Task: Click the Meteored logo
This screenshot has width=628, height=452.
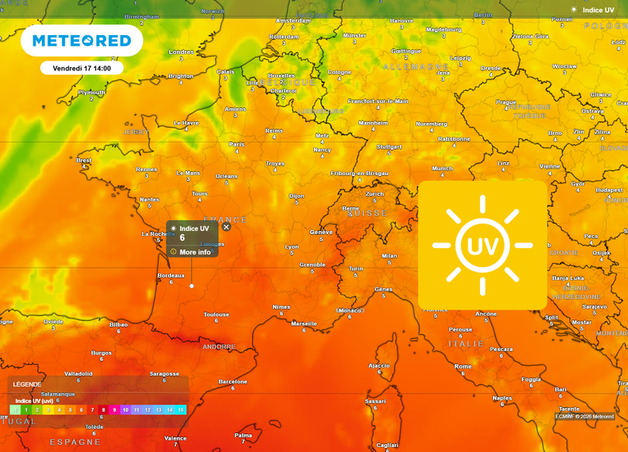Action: tap(81, 40)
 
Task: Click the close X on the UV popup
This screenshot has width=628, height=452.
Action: tap(227, 227)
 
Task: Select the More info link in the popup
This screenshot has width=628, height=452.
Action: tap(195, 252)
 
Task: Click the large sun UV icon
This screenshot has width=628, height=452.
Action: tap(482, 245)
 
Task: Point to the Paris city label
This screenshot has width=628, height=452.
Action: tap(237, 144)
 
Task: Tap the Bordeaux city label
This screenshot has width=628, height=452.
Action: tap(171, 275)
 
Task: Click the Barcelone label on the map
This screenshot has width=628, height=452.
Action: tap(233, 382)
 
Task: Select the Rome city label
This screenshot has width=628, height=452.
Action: tap(463, 366)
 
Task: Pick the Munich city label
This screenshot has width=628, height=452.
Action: tap(442, 169)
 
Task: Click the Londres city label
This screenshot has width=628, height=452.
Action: tap(181, 52)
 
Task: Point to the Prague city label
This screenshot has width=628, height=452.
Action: tap(506, 102)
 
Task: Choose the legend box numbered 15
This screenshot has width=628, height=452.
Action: tap(181, 409)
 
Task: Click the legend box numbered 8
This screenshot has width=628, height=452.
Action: tap(103, 409)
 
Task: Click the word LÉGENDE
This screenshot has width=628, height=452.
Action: tap(26, 384)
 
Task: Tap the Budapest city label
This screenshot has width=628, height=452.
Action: tap(609, 190)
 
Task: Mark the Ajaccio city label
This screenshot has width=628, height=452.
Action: tap(379, 365)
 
